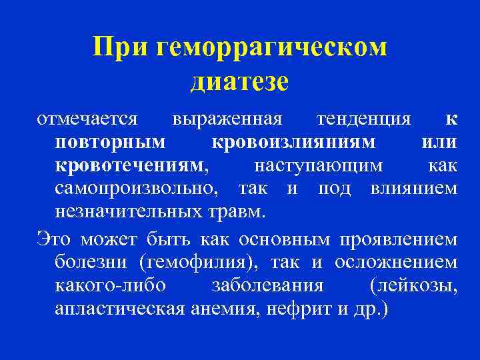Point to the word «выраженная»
tap(227, 120)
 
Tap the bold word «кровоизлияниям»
tap(293, 142)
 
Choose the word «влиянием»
tap(414, 188)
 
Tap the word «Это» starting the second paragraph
tap(54, 239)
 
